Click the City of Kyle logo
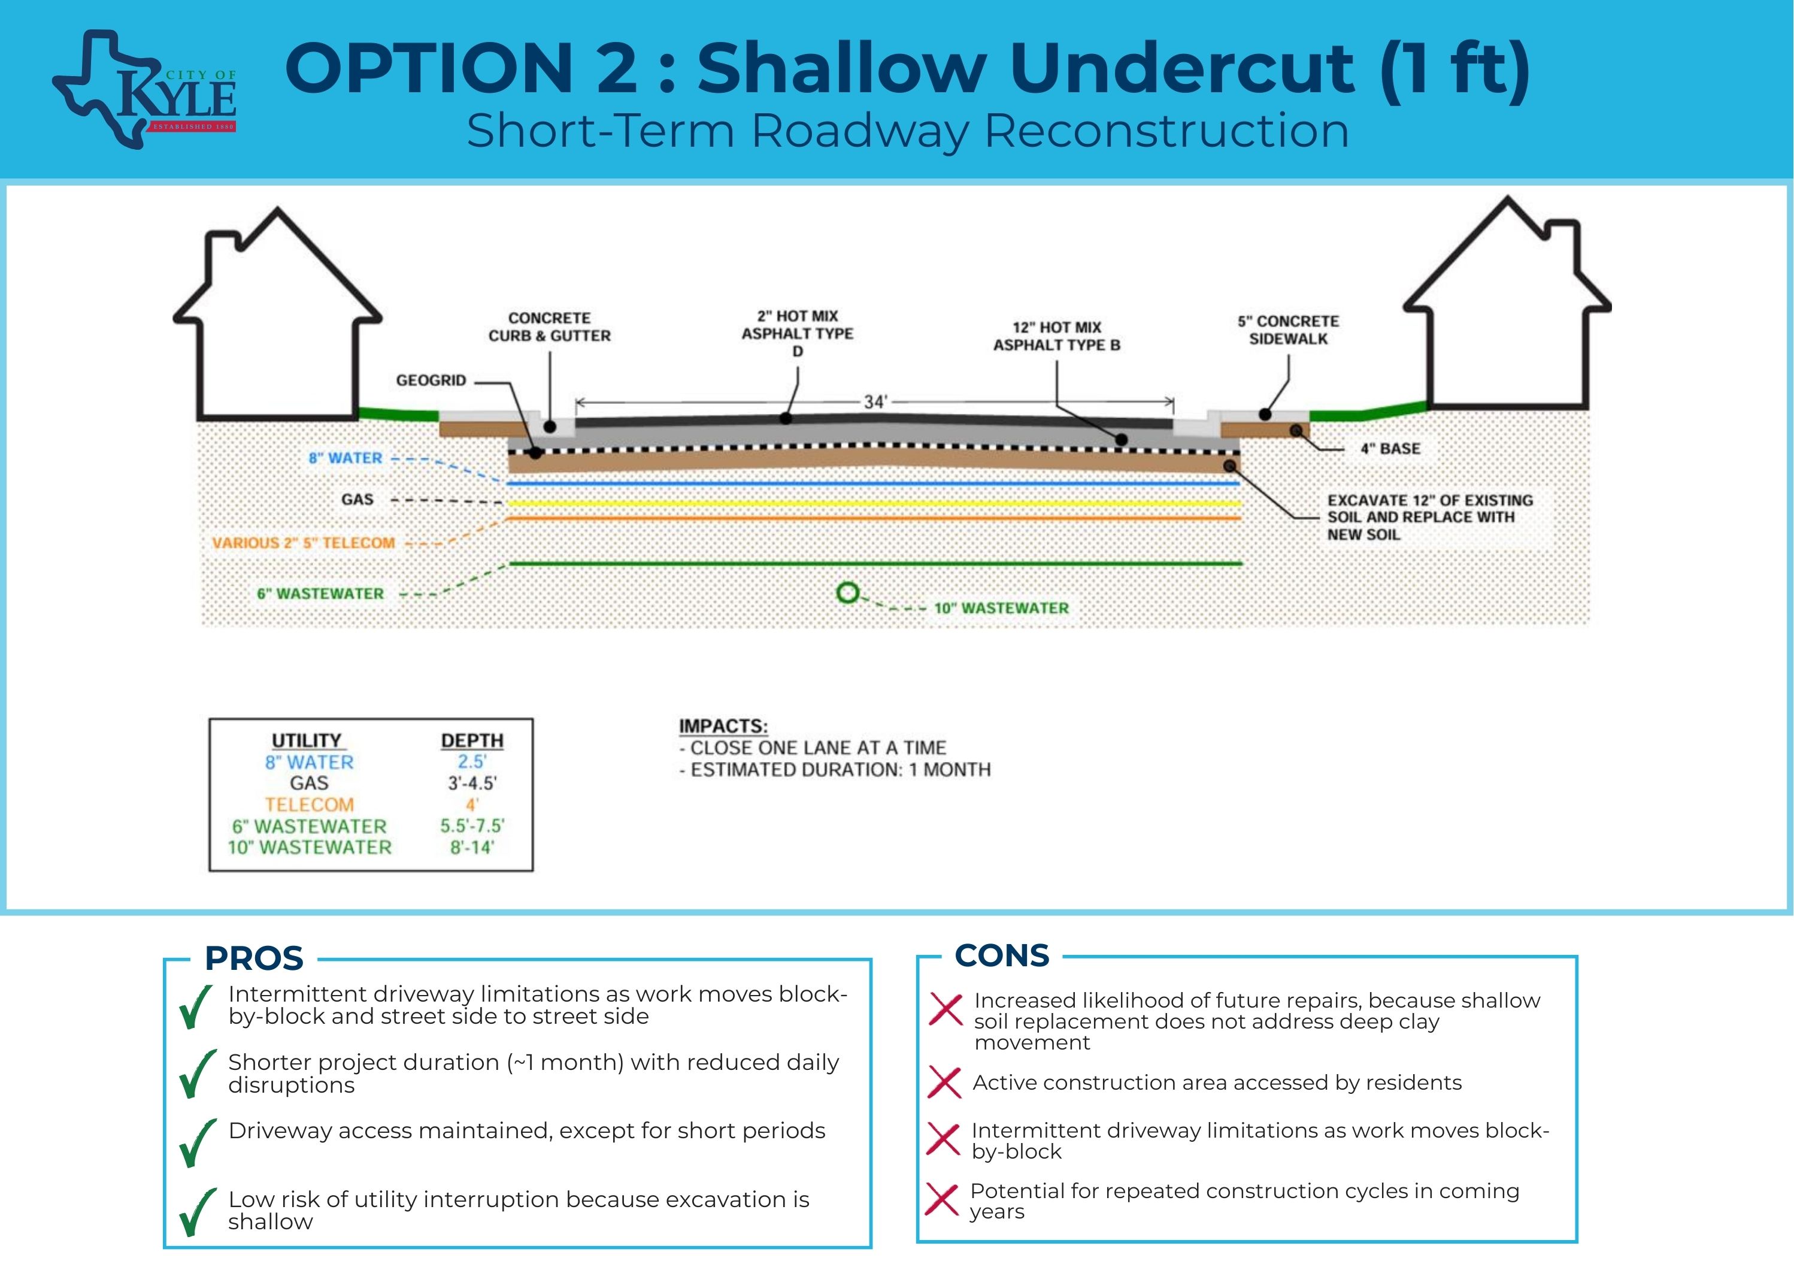tap(146, 90)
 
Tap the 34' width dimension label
tap(875, 402)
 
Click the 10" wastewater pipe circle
tap(847, 593)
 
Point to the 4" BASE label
tap(1390, 449)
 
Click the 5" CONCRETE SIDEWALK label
tap(1287, 330)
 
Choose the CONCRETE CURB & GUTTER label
tap(550, 327)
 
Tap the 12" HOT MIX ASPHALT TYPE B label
tap(1057, 336)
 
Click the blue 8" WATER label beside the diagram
tap(345, 458)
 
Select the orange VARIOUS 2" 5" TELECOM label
tap(304, 543)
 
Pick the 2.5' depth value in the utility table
tap(471, 761)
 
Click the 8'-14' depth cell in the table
tap(471, 847)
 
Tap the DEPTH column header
tap(471, 740)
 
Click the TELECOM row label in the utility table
tap(310, 805)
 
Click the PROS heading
tap(254, 958)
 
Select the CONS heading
tap(1002, 955)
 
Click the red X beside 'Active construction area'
tap(944, 1083)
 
